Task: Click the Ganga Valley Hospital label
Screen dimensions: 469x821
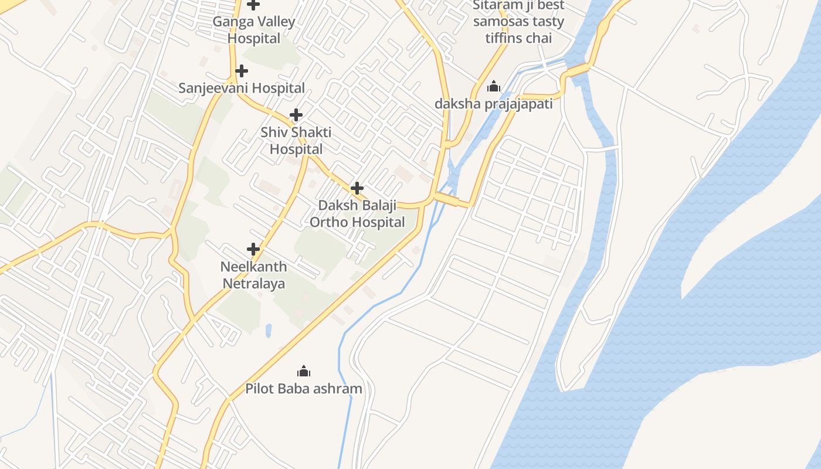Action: coord(253,30)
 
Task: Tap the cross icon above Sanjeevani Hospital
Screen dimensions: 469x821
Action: coord(241,72)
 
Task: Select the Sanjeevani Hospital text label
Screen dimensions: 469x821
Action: coord(241,88)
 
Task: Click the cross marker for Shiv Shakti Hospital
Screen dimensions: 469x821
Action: coord(296,115)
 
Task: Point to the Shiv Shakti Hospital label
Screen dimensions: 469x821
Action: coord(296,141)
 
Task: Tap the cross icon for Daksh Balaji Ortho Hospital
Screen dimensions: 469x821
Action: coord(357,188)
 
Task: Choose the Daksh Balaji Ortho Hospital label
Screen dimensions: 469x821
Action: coord(357,214)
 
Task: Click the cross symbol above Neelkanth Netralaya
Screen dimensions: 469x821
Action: coord(253,249)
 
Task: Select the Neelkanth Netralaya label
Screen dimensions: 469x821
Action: coord(253,275)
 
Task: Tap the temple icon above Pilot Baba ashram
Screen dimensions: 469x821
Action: coord(304,371)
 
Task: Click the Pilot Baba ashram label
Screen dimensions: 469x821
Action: coord(304,389)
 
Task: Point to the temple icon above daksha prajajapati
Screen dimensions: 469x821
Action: coord(494,87)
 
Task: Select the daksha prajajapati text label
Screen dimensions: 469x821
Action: coord(494,104)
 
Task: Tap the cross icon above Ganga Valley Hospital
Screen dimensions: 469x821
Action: coord(253,5)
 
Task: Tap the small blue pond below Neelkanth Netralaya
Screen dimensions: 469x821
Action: coord(269,331)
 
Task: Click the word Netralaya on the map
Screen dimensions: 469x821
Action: coord(253,284)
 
